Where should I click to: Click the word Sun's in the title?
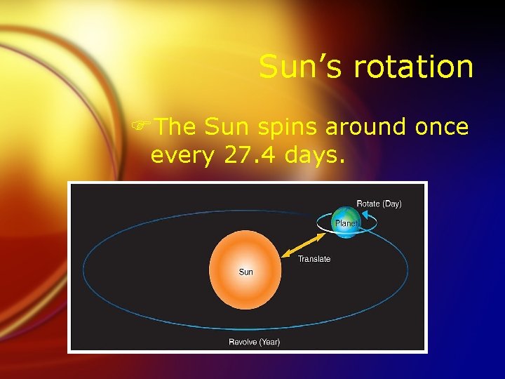(x=303, y=67)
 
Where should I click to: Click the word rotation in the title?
(x=414, y=67)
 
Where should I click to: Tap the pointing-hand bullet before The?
(x=144, y=128)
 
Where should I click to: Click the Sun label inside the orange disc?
(x=246, y=272)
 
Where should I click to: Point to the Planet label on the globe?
(x=346, y=223)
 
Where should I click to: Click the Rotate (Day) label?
(x=379, y=204)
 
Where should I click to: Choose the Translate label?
(x=314, y=259)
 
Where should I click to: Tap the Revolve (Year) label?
(x=255, y=342)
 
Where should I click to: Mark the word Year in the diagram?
(x=268, y=342)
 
